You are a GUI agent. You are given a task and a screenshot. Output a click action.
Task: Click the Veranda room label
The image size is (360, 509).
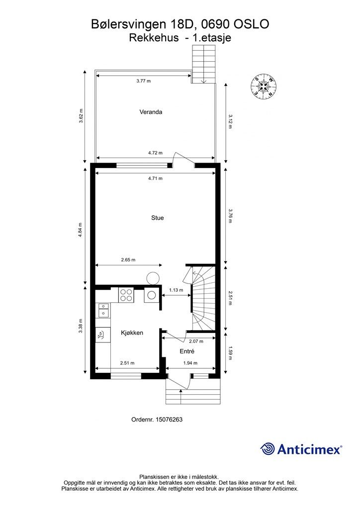pyautogui.click(x=151, y=112)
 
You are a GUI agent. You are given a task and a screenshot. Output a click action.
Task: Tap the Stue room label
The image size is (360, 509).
pyautogui.click(x=158, y=218)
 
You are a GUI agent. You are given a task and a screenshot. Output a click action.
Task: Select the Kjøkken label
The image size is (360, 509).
pyautogui.click(x=132, y=333)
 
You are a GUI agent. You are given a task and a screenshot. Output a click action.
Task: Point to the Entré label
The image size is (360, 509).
pyautogui.click(x=187, y=351)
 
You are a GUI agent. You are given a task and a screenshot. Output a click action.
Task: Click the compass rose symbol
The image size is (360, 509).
pyautogui.click(x=264, y=86)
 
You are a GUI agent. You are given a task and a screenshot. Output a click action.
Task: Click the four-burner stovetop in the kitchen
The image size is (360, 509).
pyautogui.click(x=126, y=295)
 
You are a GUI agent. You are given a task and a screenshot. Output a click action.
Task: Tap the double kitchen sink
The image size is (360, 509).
pyautogui.click(x=103, y=310)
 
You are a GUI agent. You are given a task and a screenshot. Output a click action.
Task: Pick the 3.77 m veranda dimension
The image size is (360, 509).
pyautogui.click(x=144, y=81)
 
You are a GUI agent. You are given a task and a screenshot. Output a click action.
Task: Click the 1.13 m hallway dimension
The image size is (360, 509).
pyautogui.click(x=176, y=290)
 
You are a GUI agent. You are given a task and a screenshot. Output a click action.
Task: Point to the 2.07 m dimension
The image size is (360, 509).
pyautogui.click(x=196, y=341)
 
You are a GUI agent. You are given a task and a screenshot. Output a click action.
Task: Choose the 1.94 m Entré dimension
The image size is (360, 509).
pyautogui.click(x=190, y=363)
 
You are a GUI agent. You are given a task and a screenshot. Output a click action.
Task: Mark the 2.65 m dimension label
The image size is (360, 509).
pyautogui.click(x=128, y=259)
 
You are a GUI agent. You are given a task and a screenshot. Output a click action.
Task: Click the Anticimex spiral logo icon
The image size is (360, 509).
pyautogui.click(x=267, y=449)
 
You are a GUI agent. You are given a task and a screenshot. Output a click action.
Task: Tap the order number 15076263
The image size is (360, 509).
pyautogui.click(x=169, y=420)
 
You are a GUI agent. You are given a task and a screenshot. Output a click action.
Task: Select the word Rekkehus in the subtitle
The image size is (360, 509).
pyautogui.click(x=154, y=38)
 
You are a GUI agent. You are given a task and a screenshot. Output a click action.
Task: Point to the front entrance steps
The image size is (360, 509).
pyautogui.click(x=193, y=392)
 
